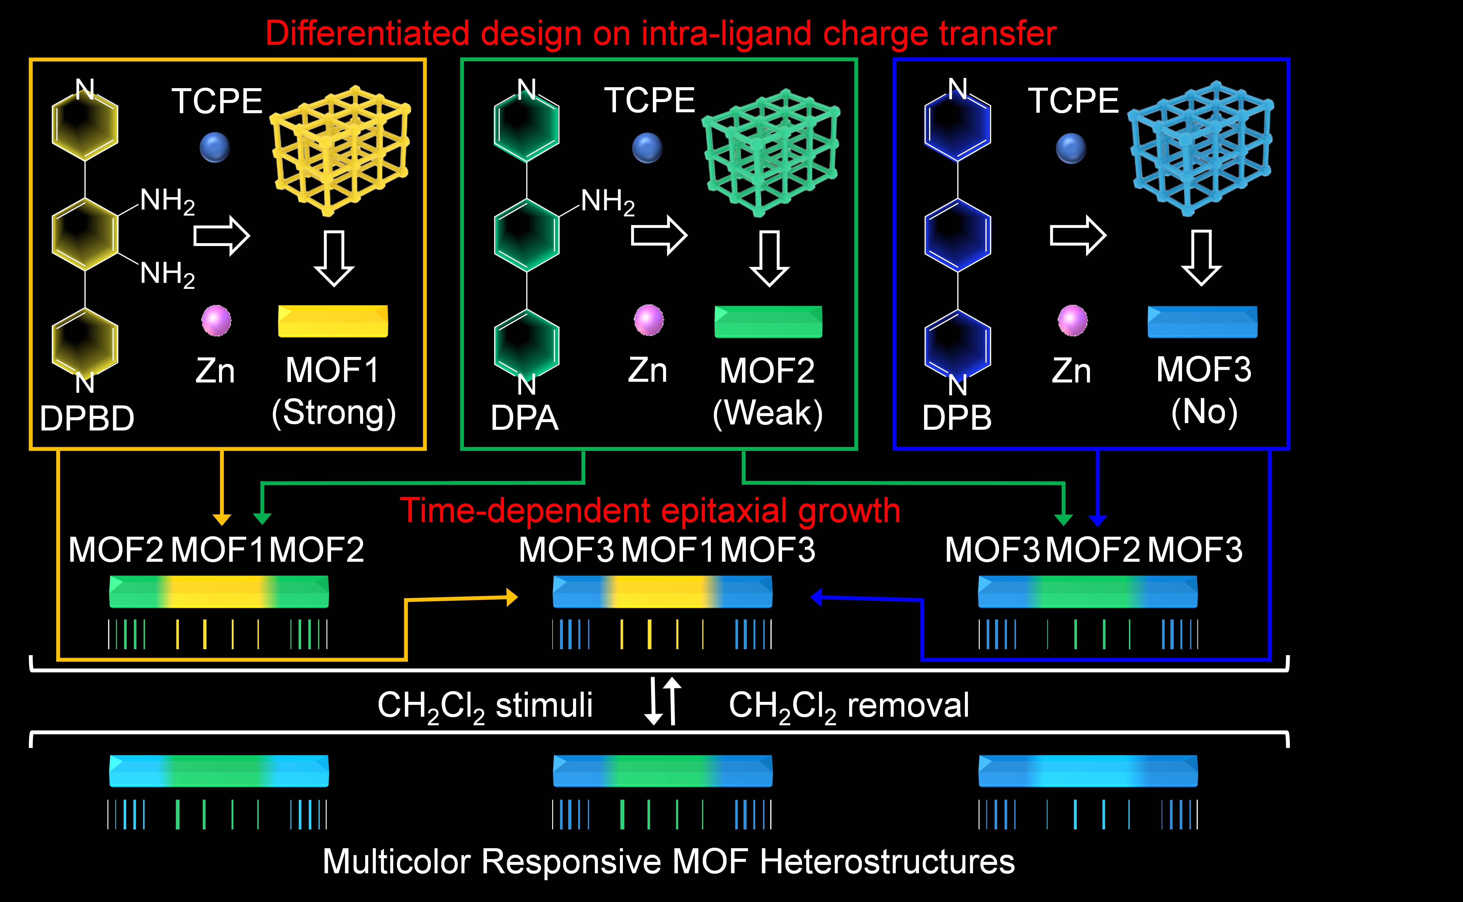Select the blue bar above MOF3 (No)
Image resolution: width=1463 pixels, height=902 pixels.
1202,322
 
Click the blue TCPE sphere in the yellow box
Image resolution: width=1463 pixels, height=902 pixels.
215,147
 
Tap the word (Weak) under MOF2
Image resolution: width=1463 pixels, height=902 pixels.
768,413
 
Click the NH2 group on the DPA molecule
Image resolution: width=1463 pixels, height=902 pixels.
607,201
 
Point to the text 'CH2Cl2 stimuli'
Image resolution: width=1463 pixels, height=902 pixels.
484,706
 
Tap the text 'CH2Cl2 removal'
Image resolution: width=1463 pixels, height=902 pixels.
848,706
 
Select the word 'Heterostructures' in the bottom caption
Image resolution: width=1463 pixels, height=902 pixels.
887,861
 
